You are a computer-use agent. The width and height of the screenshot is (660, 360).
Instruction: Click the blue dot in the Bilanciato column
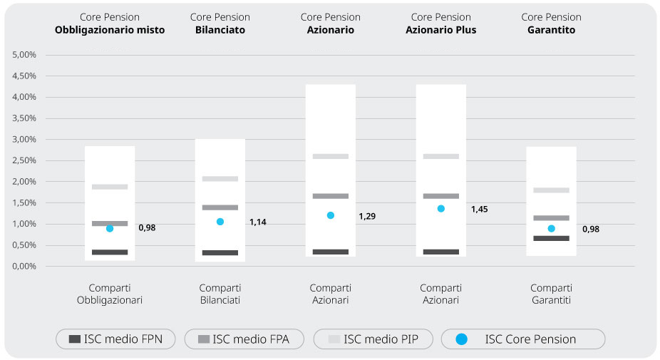220,222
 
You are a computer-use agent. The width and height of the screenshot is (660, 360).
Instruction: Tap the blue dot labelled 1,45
441,209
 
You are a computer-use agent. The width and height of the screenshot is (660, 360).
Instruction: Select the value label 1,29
367,215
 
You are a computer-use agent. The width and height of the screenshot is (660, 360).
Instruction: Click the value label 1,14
257,222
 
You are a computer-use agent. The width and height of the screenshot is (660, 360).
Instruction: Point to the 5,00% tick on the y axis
25,55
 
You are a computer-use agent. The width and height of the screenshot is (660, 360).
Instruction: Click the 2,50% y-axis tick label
25,160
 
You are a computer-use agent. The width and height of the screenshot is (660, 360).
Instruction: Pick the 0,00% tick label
25,266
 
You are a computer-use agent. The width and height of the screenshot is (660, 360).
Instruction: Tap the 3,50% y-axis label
25,118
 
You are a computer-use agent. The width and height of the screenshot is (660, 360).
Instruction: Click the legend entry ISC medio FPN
116,339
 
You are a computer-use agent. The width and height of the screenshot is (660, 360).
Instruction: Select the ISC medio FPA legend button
244,339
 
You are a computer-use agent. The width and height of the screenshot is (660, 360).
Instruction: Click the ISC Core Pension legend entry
523,339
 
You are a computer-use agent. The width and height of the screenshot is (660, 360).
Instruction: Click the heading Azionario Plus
440,31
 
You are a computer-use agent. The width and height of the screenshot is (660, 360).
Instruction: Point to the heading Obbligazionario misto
110,31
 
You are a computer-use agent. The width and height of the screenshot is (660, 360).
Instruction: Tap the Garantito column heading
551,31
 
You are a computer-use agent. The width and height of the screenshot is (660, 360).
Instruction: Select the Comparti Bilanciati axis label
220,294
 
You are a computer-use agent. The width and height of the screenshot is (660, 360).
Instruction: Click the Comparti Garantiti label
551,294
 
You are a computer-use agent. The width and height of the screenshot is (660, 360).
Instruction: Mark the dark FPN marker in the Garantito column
551,238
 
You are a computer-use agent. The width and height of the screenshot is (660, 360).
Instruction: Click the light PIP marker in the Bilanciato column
220,179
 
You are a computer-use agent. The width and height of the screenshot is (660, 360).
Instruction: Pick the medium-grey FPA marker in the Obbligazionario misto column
110,224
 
